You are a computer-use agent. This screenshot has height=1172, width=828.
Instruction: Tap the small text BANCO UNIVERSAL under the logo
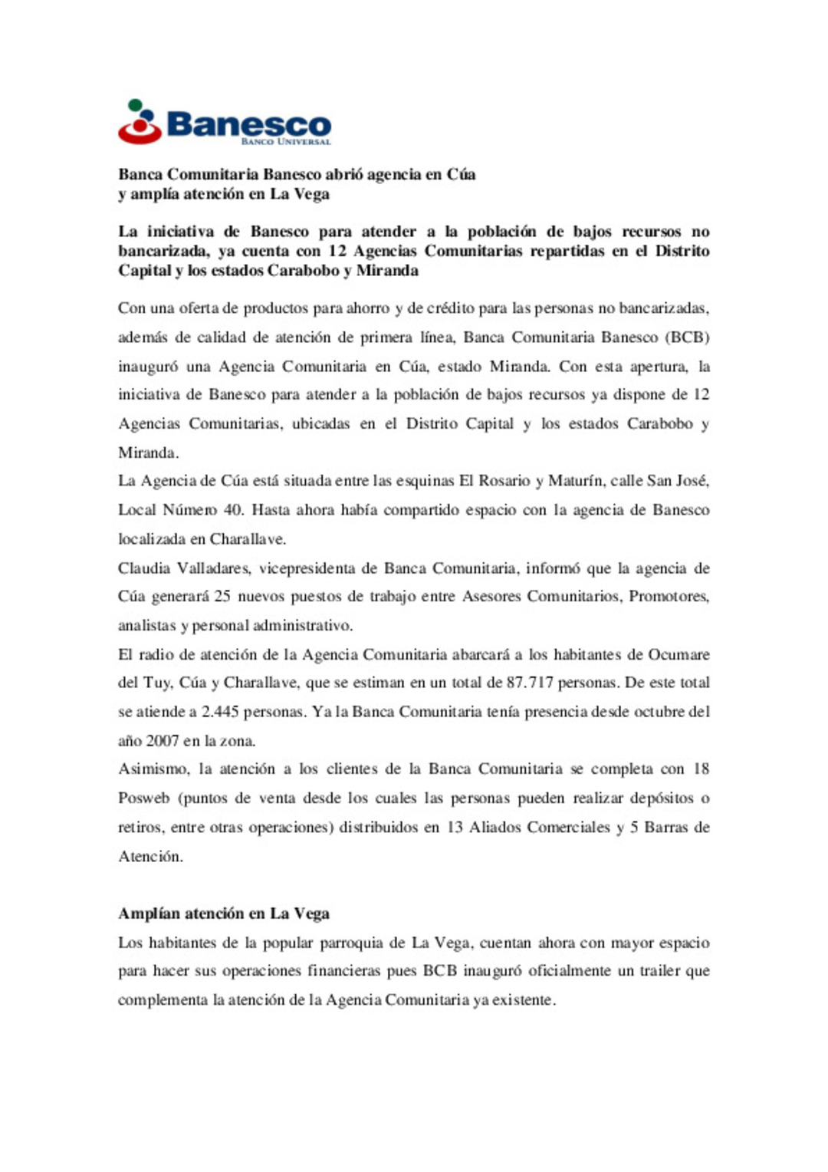286,142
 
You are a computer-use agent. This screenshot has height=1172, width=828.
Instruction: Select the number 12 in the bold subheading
337,251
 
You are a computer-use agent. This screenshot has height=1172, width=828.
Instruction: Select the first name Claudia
144,568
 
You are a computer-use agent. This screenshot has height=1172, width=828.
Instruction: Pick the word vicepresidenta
317,568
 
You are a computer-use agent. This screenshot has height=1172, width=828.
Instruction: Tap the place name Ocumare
678,654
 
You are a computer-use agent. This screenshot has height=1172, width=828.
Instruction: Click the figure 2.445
222,712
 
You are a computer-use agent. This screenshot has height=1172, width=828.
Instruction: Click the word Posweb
143,798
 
